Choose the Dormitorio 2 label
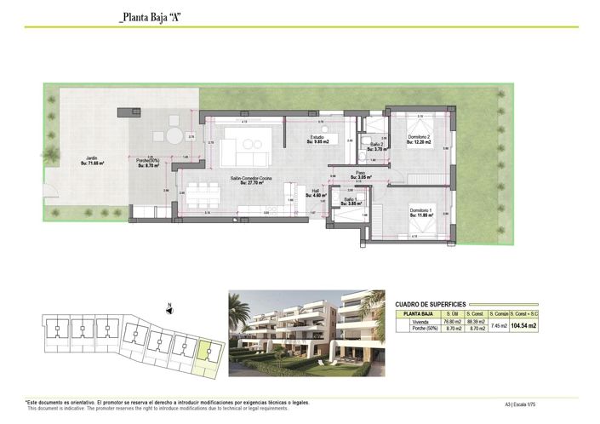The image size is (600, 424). click(420, 140)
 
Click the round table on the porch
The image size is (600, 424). click(174, 136)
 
